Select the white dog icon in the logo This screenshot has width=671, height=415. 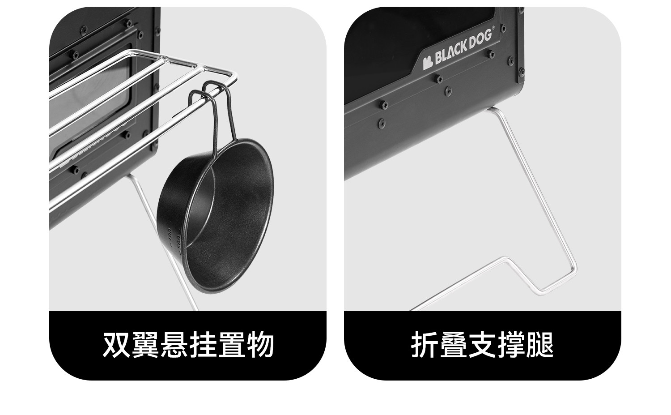click(427, 62)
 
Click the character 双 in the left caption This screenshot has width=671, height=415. click(117, 345)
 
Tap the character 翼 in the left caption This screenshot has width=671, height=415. click(145, 345)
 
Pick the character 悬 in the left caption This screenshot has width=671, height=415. click(174, 345)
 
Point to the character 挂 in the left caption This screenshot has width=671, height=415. click(203, 345)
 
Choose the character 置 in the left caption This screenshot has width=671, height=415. click(231, 345)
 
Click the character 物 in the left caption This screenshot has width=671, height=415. click(260, 345)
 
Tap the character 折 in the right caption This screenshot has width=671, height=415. click(425, 345)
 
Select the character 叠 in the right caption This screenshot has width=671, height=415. click(454, 345)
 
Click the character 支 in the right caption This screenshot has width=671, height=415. click(482, 345)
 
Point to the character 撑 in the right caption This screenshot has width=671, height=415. click(511, 345)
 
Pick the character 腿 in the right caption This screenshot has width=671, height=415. click(539, 345)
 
